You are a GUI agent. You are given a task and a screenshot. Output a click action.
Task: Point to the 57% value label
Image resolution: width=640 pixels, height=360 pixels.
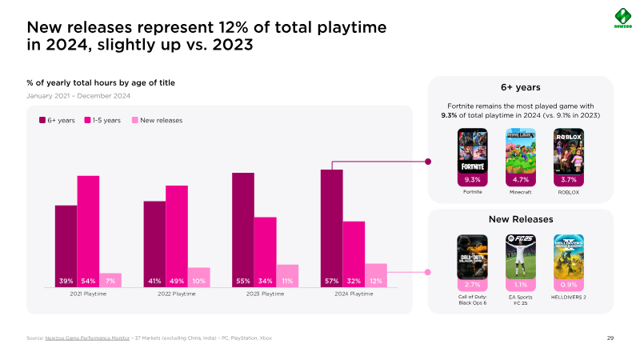331,281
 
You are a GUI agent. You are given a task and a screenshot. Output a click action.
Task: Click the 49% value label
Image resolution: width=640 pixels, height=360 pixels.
177,281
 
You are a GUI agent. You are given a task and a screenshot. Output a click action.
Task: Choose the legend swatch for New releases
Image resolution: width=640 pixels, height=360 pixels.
135,120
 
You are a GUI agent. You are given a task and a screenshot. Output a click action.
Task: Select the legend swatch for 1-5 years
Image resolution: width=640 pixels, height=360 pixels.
87,120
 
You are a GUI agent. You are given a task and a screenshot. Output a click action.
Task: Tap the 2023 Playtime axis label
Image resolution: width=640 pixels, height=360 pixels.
265,294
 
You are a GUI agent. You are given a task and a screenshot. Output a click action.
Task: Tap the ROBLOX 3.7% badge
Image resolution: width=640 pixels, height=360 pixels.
569,180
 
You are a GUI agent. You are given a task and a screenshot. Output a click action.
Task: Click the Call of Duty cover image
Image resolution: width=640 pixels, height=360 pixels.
472,256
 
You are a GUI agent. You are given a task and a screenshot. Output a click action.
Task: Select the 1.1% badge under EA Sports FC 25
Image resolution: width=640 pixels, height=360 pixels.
521,284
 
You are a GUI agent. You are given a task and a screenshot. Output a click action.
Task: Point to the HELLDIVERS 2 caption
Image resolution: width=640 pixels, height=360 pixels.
569,298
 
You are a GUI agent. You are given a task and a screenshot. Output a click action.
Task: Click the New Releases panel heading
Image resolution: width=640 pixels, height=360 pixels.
521,218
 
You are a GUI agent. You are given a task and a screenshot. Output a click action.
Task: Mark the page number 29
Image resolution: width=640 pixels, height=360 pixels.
610,338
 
